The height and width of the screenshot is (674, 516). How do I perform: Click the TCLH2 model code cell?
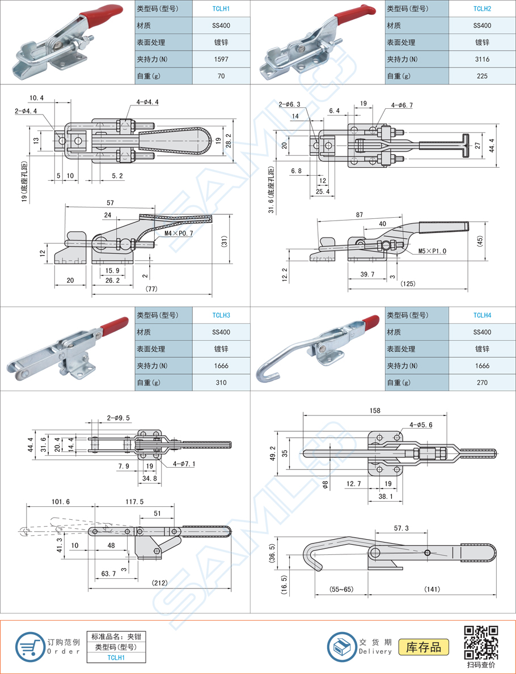(482, 9)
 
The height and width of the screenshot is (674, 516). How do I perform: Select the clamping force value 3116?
(482, 60)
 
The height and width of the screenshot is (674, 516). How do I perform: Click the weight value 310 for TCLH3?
(221, 383)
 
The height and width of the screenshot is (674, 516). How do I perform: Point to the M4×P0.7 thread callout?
(179, 234)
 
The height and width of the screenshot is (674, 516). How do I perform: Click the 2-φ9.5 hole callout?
(118, 418)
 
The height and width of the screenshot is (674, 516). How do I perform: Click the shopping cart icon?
(28, 646)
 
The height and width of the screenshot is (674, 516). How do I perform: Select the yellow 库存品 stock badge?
(424, 647)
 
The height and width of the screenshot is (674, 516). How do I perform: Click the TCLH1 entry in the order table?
(117, 658)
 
